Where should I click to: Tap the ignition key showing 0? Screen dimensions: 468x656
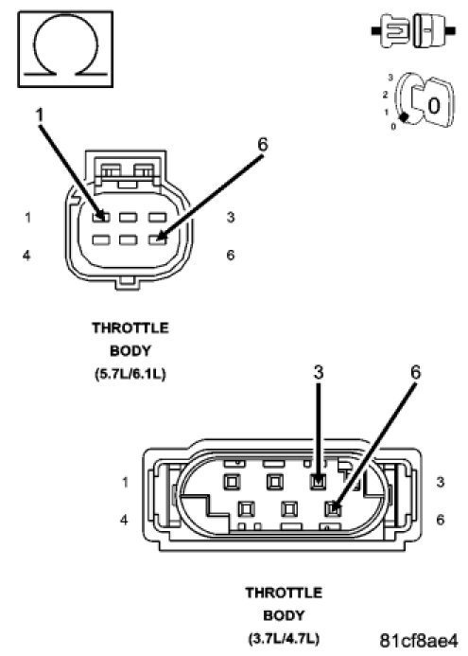click(423, 101)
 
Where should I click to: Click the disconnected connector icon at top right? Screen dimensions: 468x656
click(413, 30)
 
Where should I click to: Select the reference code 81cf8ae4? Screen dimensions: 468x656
click(418, 640)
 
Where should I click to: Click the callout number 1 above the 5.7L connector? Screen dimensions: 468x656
click(40, 115)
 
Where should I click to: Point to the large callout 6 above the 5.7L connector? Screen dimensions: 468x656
click(263, 144)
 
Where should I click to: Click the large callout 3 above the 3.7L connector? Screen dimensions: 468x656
click(319, 372)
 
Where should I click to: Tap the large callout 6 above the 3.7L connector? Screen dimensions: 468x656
click(415, 372)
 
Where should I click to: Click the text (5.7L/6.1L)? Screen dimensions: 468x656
click(130, 374)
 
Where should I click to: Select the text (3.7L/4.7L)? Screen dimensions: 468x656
click(284, 639)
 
